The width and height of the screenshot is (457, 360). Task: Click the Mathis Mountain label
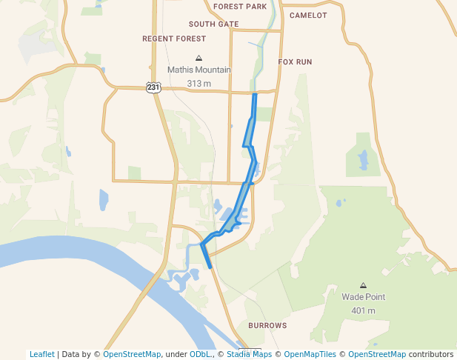tap(199, 70)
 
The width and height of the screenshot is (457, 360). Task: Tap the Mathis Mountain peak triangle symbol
tap(199, 58)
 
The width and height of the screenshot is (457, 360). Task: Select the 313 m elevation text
tap(199, 84)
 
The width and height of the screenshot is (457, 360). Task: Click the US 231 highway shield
tap(153, 87)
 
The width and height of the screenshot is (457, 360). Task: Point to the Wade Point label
tap(363, 297)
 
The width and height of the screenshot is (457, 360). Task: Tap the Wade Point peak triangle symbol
tap(363, 285)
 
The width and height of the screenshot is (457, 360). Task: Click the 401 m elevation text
tap(363, 310)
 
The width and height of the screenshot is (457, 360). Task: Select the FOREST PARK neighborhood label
tap(239, 7)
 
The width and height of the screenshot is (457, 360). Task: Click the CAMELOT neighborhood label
tap(308, 15)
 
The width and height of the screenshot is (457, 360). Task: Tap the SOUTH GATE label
tap(213, 24)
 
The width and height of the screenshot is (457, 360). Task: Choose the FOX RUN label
tap(295, 62)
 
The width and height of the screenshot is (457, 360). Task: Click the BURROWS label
tap(267, 326)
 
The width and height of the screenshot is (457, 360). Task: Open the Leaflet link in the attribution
tap(41, 355)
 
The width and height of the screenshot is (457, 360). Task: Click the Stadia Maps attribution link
tap(249, 355)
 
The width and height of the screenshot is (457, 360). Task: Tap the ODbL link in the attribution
tap(200, 355)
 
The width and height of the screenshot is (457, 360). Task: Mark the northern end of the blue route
tap(255, 95)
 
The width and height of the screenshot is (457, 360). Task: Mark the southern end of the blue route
tap(211, 267)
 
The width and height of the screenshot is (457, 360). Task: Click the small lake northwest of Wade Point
tap(363, 159)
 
